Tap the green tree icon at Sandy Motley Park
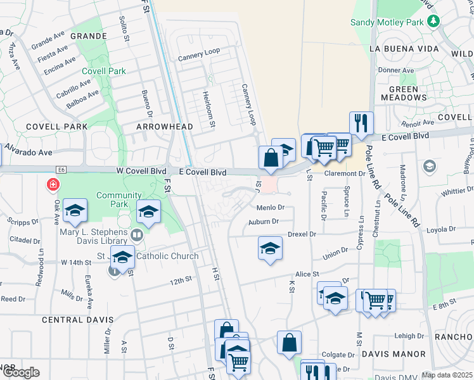coord(434,21)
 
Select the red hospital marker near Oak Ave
coord(53,185)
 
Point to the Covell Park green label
coord(108,72)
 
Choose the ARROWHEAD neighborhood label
coord(165,127)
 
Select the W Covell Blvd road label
coord(141,172)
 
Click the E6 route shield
coord(61,170)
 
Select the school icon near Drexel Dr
coord(270,248)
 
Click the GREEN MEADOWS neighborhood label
coord(404,94)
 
